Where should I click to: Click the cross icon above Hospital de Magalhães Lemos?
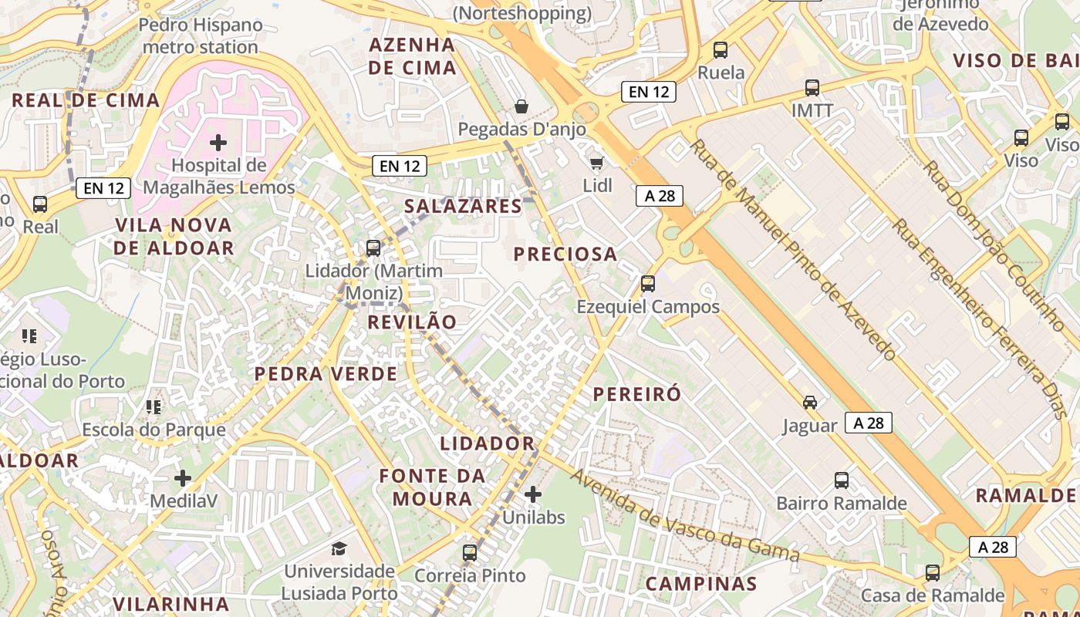218,142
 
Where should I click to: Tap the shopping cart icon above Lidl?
596,163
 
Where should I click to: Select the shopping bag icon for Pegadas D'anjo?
521,106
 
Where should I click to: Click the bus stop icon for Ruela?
721,50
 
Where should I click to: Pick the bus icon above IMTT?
812,88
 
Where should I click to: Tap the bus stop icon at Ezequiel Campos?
648,284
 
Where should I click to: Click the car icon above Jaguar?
810,403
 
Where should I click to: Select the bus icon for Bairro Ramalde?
842,480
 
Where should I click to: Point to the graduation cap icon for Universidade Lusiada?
339,548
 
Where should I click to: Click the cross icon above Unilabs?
533,494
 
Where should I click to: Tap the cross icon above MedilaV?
183,478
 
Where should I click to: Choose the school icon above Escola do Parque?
154,406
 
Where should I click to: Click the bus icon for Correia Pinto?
470,552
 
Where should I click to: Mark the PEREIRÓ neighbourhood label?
637,394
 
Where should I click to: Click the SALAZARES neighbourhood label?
464,206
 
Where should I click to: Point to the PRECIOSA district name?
565,254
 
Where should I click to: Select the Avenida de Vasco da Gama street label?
684,515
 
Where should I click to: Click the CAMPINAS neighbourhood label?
701,584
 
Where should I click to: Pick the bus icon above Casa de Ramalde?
933,573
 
